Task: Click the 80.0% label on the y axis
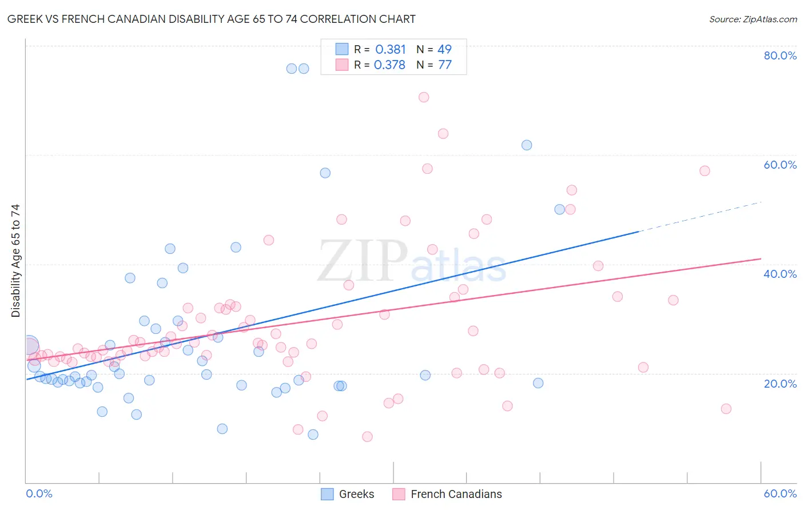(780, 55)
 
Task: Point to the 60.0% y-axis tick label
(780, 165)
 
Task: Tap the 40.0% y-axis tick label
(780, 274)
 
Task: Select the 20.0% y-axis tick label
(780, 383)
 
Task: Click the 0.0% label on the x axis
(39, 493)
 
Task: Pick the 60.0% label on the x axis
(780, 493)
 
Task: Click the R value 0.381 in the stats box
(391, 50)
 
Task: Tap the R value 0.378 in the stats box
(389, 65)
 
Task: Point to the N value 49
(444, 50)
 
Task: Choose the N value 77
(444, 65)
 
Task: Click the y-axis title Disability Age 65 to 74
(15, 261)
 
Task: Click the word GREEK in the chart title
(26, 19)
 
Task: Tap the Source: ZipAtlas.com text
(753, 19)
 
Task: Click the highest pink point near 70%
(424, 97)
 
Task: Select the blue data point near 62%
(527, 145)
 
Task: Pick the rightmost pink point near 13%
(726, 409)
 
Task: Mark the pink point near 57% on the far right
(705, 171)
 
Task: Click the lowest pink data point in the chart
(367, 437)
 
